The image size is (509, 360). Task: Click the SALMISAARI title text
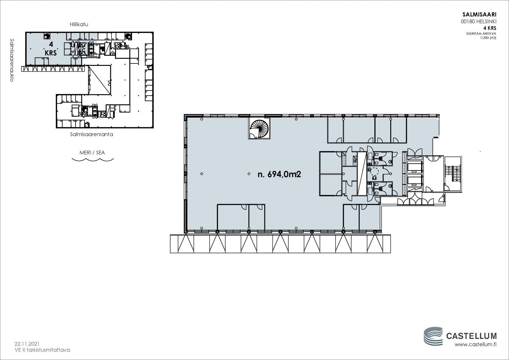click(479, 15)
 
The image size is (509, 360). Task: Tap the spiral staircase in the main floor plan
click(259, 128)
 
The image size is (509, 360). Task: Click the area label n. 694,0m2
click(279, 175)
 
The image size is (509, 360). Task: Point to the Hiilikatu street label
click(79, 24)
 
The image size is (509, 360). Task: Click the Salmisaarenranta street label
click(91, 134)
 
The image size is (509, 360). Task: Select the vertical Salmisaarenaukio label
click(12, 60)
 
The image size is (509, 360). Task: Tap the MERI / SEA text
click(92, 152)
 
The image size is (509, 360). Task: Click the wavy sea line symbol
click(93, 160)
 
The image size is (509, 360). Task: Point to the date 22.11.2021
click(27, 344)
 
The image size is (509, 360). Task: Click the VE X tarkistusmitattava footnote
click(42, 350)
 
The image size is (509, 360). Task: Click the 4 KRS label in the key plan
click(51, 49)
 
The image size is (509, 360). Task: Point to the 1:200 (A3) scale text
click(488, 38)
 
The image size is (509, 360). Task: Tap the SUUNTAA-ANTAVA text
click(481, 34)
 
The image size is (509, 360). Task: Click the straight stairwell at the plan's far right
click(452, 174)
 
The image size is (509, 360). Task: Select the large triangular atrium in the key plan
click(99, 80)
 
